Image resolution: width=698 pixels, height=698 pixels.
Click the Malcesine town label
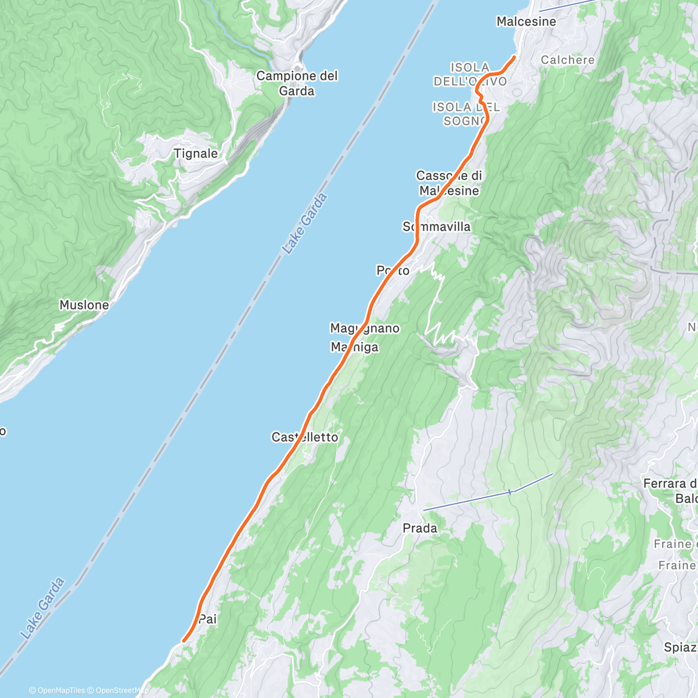tap(526, 22)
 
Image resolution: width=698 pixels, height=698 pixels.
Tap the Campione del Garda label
tap(297, 83)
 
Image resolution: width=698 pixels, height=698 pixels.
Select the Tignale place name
tap(196, 154)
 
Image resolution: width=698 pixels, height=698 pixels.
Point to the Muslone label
tap(84, 305)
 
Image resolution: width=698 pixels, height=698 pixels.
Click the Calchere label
tap(568, 60)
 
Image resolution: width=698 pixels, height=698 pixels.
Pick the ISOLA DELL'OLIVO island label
tap(470, 75)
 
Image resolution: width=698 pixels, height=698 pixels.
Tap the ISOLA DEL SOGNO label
tap(466, 114)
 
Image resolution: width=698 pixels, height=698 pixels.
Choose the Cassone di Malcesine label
tap(449, 183)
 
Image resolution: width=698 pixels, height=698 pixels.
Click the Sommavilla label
tap(437, 227)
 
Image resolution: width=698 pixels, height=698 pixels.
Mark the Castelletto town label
tap(305, 437)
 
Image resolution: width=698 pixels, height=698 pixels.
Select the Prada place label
tap(420, 528)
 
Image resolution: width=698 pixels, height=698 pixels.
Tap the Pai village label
tap(208, 619)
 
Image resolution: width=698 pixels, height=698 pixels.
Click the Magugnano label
tap(365, 328)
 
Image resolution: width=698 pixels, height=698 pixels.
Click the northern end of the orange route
tap(514, 56)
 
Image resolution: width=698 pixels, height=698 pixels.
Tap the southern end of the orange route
tap(184, 641)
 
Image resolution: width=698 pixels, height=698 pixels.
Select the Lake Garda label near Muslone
tap(305, 224)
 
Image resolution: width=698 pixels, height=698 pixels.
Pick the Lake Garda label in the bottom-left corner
tap(42, 608)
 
